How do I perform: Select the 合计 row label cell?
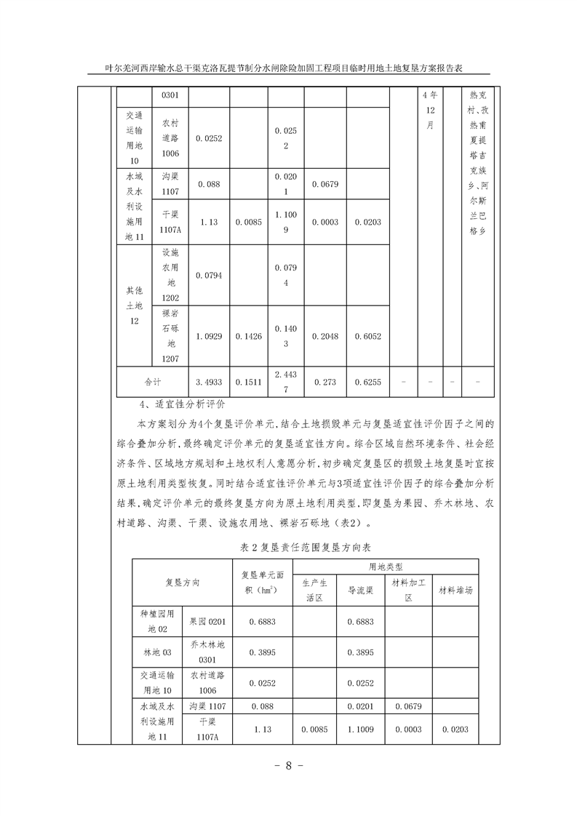[x=153, y=381]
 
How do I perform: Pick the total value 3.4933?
[x=210, y=381]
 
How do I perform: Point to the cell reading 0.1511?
[x=249, y=381]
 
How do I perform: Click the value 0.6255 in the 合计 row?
[x=367, y=381]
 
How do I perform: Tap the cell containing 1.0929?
[x=210, y=336]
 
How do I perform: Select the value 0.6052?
[x=367, y=336]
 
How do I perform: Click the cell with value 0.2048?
[x=325, y=336]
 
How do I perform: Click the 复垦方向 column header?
[x=182, y=583]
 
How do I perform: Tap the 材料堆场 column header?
[x=455, y=591]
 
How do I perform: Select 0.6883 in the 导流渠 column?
[x=361, y=622]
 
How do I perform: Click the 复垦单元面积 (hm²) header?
[x=261, y=583]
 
